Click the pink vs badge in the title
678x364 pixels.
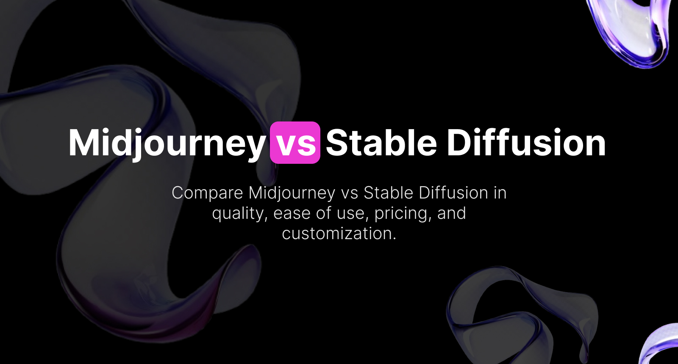[x=295, y=143]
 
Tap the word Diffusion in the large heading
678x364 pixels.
[x=526, y=143]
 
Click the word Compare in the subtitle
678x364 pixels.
[x=207, y=193]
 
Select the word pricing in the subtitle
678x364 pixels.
[x=403, y=214]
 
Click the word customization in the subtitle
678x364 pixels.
[x=339, y=234]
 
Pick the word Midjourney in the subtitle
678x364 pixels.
[x=292, y=193]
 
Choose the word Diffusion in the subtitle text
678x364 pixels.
[x=453, y=193]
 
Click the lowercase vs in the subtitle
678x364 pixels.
[x=350, y=193]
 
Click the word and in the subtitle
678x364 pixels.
[x=451, y=214]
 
